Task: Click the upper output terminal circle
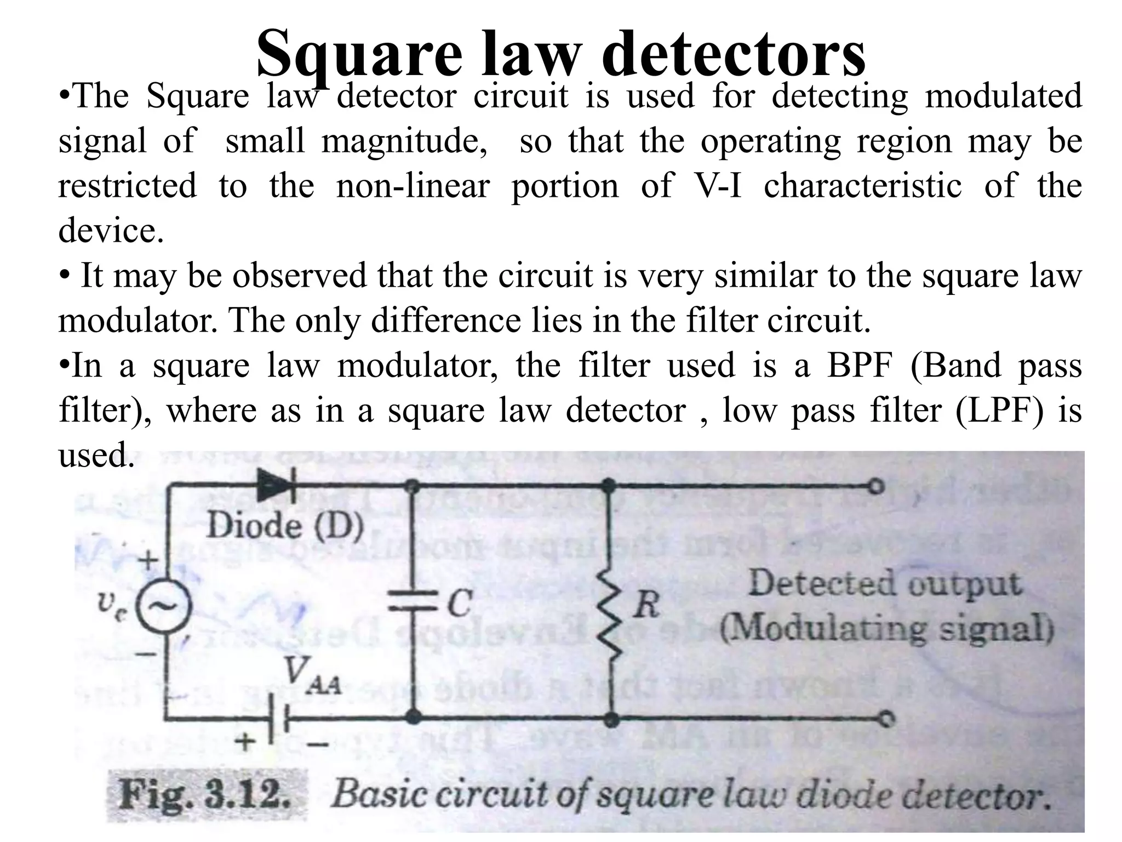click(x=877, y=486)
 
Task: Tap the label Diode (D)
click(x=285, y=526)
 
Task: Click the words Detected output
click(x=885, y=583)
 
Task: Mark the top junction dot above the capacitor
click(x=414, y=486)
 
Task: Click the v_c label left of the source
click(x=112, y=605)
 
